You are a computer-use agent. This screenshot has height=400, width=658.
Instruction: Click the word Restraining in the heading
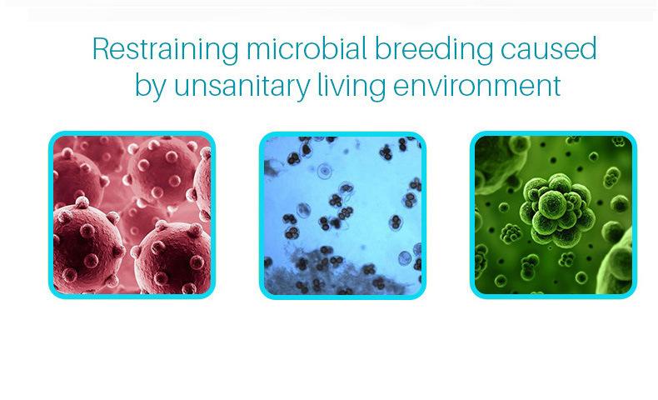(166, 50)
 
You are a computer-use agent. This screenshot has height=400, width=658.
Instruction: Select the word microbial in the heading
(307, 48)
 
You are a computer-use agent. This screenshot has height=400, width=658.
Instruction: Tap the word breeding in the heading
(433, 50)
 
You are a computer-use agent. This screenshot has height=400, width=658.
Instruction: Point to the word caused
(549, 48)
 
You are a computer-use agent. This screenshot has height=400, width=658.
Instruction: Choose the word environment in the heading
(476, 85)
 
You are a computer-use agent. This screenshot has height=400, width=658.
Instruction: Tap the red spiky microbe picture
(132, 215)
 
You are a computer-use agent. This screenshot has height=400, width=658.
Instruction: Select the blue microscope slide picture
(342, 215)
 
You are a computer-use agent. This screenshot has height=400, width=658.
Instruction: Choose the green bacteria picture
(553, 215)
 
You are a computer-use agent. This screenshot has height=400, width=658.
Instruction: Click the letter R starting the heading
(102, 48)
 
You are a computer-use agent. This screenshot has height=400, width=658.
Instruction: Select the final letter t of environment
(556, 86)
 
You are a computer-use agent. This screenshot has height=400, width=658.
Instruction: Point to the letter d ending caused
(588, 48)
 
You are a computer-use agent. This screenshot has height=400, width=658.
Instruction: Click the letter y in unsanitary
(302, 90)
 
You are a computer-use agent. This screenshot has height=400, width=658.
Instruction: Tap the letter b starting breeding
(382, 48)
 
